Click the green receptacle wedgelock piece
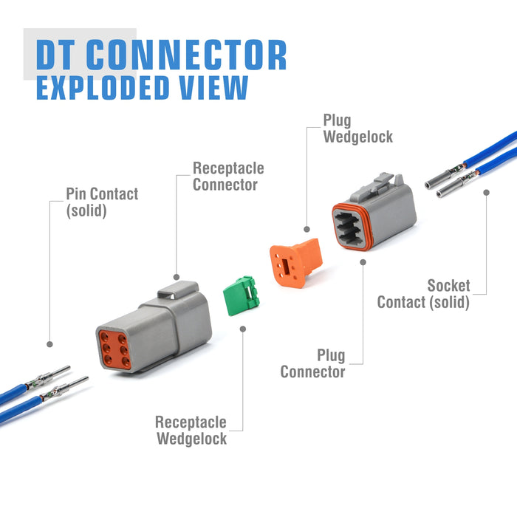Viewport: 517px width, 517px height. [x=239, y=295]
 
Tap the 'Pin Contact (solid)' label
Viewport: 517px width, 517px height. [x=103, y=202]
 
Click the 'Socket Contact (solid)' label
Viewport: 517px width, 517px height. [x=423, y=294]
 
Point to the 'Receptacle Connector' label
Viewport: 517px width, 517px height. [x=228, y=177]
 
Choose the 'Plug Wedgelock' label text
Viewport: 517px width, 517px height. [x=357, y=129]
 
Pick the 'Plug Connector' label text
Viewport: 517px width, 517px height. [x=312, y=364]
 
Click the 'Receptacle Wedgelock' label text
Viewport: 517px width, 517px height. [x=191, y=431]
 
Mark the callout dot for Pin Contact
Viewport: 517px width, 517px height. [x=49, y=344]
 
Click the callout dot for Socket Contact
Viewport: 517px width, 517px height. [x=486, y=193]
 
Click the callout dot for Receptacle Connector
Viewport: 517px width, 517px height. [x=176, y=273]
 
